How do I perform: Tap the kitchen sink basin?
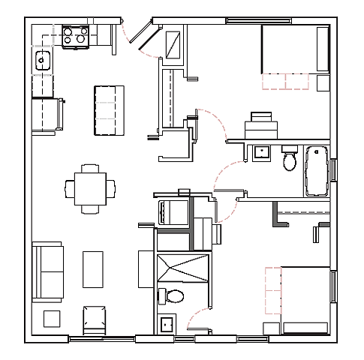coord(41,59)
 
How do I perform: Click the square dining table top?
coord(90,188)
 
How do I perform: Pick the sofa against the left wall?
coord(47,271)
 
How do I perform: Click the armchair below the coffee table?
coord(95,318)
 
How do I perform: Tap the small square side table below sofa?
coord(51,318)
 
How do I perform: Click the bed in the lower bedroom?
coord(304,300)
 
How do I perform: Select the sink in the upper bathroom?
coord(262,152)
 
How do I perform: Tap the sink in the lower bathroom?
coord(166,325)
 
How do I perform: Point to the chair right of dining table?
coord(112,187)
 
